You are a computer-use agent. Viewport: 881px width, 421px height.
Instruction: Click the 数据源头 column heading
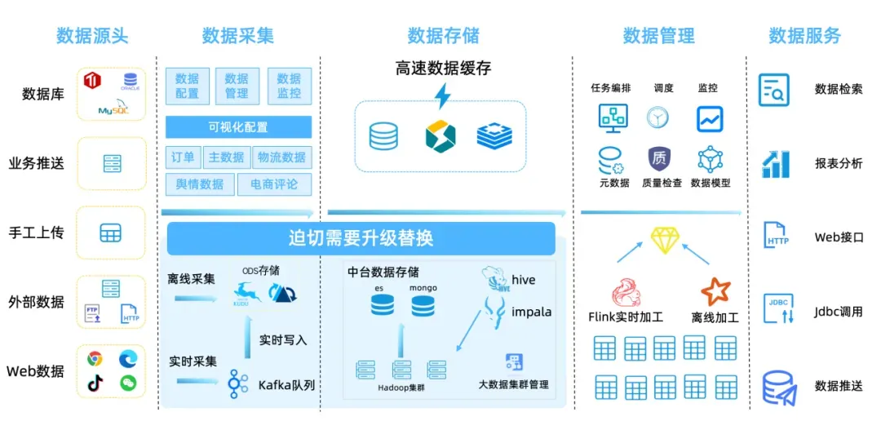click(92, 36)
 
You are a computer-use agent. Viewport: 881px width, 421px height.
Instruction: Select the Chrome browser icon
click(95, 358)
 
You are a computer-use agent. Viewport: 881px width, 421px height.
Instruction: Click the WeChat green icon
click(127, 383)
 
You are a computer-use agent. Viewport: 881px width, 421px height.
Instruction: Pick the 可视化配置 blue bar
click(238, 127)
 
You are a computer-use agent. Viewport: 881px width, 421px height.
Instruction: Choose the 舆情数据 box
click(200, 184)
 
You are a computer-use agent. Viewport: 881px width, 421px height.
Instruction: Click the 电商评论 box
click(274, 184)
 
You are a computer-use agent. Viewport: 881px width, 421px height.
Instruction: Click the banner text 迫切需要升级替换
click(361, 238)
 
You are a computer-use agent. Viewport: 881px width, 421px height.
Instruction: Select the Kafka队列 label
click(286, 385)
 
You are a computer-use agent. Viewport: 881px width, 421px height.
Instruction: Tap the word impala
click(531, 312)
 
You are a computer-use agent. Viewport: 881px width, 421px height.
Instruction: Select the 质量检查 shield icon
click(659, 158)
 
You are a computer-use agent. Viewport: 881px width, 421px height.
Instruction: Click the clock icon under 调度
click(658, 119)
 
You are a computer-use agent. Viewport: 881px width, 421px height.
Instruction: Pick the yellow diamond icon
click(665, 240)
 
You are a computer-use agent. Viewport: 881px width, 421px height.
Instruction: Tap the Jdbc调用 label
click(839, 312)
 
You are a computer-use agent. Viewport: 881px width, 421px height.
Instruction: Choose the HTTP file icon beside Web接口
click(777, 237)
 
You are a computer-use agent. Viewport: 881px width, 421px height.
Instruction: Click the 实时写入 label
click(283, 340)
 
